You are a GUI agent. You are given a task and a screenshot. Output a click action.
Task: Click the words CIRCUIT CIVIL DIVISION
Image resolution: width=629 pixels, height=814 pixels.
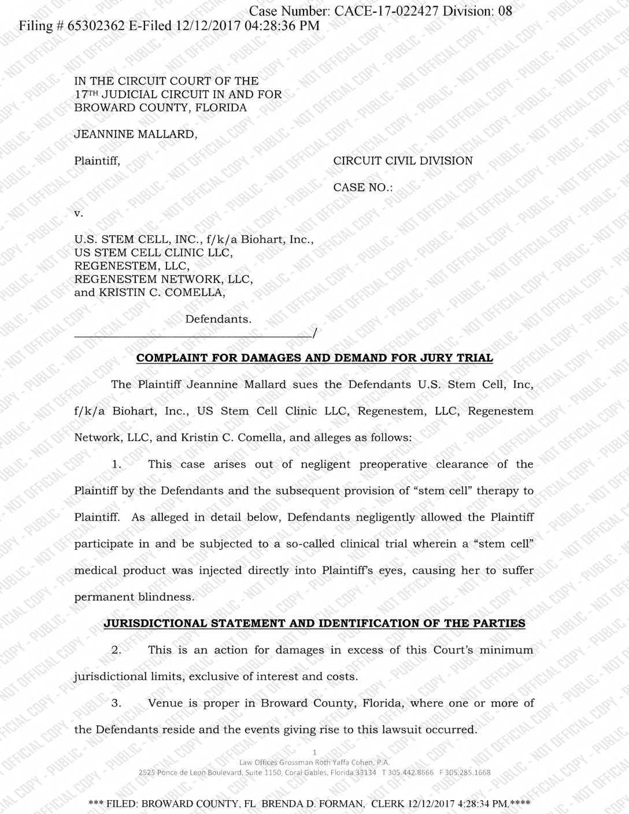[x=403, y=161]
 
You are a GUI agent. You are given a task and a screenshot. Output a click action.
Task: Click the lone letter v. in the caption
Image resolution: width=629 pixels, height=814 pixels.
[x=79, y=213]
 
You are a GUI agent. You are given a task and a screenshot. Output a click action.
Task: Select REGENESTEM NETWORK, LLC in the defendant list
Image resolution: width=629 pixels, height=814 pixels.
[x=164, y=279]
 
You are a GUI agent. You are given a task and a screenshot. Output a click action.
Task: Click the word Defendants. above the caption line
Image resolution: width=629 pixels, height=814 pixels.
[x=218, y=319]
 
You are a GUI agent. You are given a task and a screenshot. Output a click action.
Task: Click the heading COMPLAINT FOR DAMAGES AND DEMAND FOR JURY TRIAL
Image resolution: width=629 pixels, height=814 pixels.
[x=314, y=358]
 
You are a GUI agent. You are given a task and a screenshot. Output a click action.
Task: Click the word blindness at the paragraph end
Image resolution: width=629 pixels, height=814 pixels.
[x=165, y=597]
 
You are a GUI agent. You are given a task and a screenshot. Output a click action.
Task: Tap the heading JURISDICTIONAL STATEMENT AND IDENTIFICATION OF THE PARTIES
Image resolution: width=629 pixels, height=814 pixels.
[x=314, y=623]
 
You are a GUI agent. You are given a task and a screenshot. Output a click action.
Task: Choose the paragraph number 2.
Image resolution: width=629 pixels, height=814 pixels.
[x=116, y=650]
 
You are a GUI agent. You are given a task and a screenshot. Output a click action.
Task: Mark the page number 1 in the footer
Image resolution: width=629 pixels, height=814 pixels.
[x=314, y=752]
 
